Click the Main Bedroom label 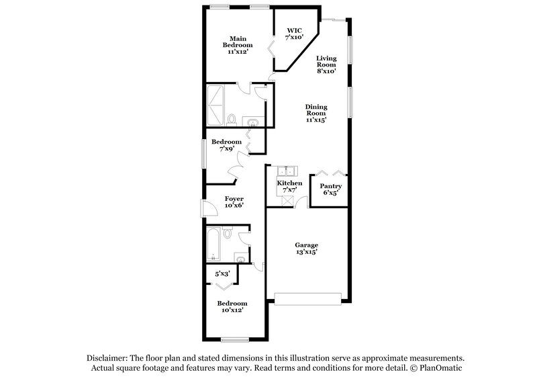click(x=241, y=45)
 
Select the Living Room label click(x=326, y=64)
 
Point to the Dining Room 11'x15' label click(x=315, y=112)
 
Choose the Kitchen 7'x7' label click(x=289, y=186)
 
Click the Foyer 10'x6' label click(x=234, y=202)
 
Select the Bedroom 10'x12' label click(x=232, y=306)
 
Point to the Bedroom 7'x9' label click(x=226, y=146)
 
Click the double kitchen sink click(x=285, y=171)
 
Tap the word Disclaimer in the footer click(x=108, y=358)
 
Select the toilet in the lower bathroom click(x=228, y=233)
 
